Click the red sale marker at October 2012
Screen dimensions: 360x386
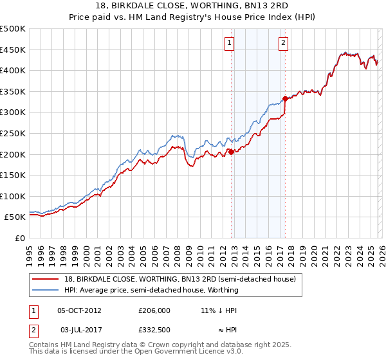coord(231,152)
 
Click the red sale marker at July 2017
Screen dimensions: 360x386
coord(285,99)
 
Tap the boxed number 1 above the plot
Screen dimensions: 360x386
coord(230,43)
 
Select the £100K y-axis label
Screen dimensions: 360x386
coord(13,196)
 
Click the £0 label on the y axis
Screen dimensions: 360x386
coord(20,238)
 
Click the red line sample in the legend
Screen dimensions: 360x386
coord(46,279)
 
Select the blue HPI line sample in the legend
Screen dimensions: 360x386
coord(46,290)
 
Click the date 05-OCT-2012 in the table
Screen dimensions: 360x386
coord(79,310)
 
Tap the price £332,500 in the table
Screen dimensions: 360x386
coord(154,330)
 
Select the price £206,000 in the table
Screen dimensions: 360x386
coord(154,310)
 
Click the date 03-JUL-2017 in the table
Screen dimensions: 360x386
coord(79,330)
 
